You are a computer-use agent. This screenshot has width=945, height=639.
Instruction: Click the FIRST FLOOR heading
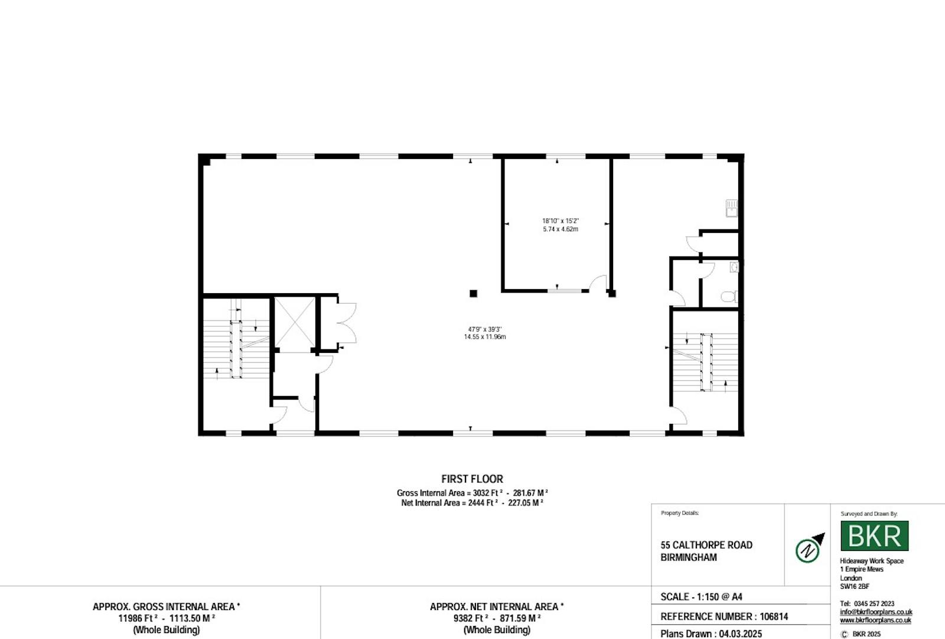tap(472, 479)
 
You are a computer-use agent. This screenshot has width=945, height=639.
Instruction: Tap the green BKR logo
tap(875, 536)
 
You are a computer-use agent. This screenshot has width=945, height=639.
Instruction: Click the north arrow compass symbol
tap(809, 548)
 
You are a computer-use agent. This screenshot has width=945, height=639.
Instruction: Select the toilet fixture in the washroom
tap(729, 297)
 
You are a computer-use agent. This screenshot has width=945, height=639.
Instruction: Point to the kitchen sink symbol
tap(732, 208)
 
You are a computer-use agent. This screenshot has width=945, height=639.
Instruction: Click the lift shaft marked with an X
tap(295, 323)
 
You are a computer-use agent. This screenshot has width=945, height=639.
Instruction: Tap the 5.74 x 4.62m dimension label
tap(561, 229)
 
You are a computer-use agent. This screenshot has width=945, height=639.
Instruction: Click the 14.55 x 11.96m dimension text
tap(485, 336)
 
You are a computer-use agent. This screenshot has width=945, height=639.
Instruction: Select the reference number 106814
tap(774, 617)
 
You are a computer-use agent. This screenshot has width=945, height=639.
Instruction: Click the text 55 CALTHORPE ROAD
tap(706, 545)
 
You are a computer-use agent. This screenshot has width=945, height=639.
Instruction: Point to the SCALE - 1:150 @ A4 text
tap(701, 597)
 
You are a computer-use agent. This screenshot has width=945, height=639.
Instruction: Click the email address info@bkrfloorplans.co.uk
tap(876, 612)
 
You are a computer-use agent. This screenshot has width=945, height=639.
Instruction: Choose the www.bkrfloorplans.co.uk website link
tap(875, 621)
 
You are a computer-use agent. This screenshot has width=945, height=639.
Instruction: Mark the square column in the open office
tap(473, 294)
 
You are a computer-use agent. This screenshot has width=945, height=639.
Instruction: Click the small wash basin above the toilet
tap(735, 267)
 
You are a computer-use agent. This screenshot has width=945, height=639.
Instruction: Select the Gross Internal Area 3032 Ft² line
tap(472, 493)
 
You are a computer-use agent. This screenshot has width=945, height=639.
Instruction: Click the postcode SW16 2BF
tap(855, 586)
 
